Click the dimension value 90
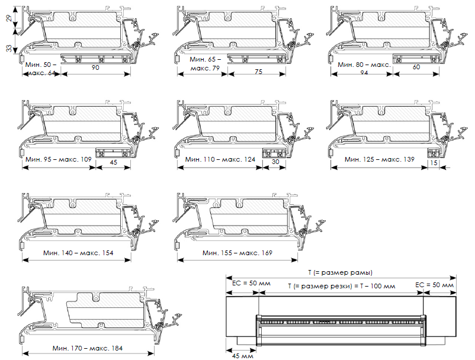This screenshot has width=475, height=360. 95,68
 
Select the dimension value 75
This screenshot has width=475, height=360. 258,72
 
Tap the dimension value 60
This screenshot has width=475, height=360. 416,67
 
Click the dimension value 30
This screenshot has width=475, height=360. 275,160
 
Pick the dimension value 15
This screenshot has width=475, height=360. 435,162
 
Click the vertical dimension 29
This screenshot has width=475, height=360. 9,19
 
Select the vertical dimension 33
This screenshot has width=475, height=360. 9,48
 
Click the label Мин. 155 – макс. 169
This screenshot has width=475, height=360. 237,253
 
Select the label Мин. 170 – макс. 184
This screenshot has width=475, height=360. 87,348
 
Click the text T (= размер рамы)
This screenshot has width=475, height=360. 340,272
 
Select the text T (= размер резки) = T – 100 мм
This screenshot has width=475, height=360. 341,285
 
